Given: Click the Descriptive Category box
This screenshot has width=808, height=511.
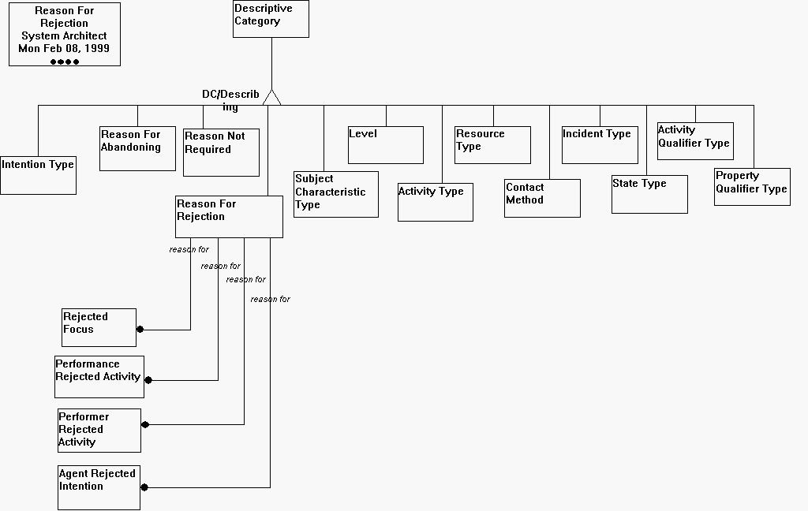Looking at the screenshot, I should click(x=271, y=19).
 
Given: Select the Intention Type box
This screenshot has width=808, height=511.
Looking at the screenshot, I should click(x=38, y=175).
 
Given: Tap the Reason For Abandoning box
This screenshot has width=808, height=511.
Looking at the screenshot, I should click(x=137, y=148).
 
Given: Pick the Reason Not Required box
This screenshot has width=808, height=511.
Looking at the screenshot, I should click(x=221, y=152).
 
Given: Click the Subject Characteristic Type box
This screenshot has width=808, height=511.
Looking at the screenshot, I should click(x=336, y=194).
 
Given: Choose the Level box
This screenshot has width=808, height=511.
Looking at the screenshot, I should click(x=386, y=145).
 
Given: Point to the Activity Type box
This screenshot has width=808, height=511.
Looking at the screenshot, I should click(x=435, y=202).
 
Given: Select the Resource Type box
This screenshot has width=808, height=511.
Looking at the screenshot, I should click(x=492, y=145).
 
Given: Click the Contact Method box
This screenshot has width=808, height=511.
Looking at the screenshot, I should click(x=542, y=198).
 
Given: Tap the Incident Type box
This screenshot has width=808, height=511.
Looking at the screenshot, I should click(x=600, y=145).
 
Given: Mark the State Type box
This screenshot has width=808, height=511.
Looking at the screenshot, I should click(x=649, y=194).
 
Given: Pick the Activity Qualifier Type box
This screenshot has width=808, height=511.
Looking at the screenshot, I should click(x=695, y=141).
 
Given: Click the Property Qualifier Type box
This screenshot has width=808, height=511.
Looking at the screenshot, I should click(x=752, y=187).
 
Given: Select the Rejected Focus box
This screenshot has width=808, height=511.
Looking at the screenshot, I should click(x=99, y=327).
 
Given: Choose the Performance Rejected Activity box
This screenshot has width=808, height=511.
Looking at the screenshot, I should click(x=99, y=377).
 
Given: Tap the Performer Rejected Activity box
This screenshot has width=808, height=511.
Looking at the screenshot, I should click(x=99, y=431).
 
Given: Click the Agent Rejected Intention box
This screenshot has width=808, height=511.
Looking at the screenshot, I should click(x=99, y=488).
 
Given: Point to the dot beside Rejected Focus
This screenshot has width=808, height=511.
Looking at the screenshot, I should click(x=140, y=330).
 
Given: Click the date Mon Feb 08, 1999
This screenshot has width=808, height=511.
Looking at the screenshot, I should click(x=64, y=48).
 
